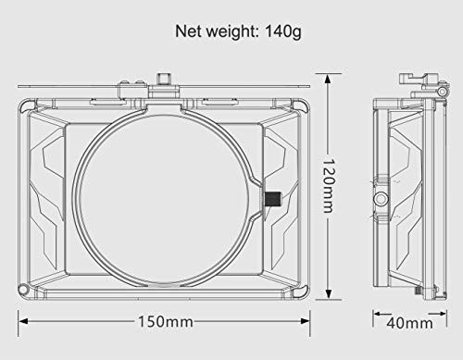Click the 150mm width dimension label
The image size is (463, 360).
point(166,321)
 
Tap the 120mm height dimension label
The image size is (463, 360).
point(328,186)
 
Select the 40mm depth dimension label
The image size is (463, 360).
point(409,323)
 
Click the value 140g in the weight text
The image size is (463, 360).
point(283,31)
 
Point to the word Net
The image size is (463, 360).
point(189,31)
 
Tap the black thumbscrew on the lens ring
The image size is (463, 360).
point(272,199)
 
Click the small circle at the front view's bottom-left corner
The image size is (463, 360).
point(23,290)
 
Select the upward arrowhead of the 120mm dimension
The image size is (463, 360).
point(328,80)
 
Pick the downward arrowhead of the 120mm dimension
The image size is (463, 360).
point(328,293)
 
